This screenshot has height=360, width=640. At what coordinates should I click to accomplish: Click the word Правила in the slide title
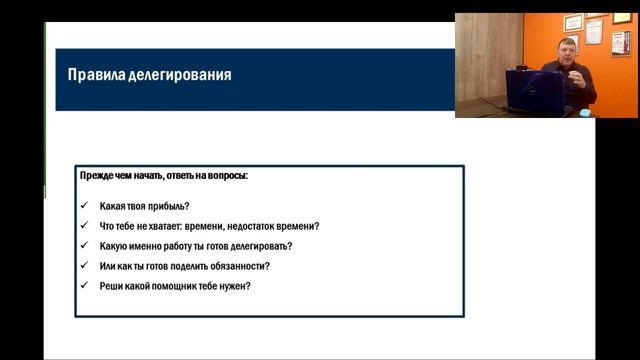91,75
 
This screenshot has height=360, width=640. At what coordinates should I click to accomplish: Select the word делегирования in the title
175,75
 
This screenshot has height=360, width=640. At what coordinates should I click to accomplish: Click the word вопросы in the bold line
227,176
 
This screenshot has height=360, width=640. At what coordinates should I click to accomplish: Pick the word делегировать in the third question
262,247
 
